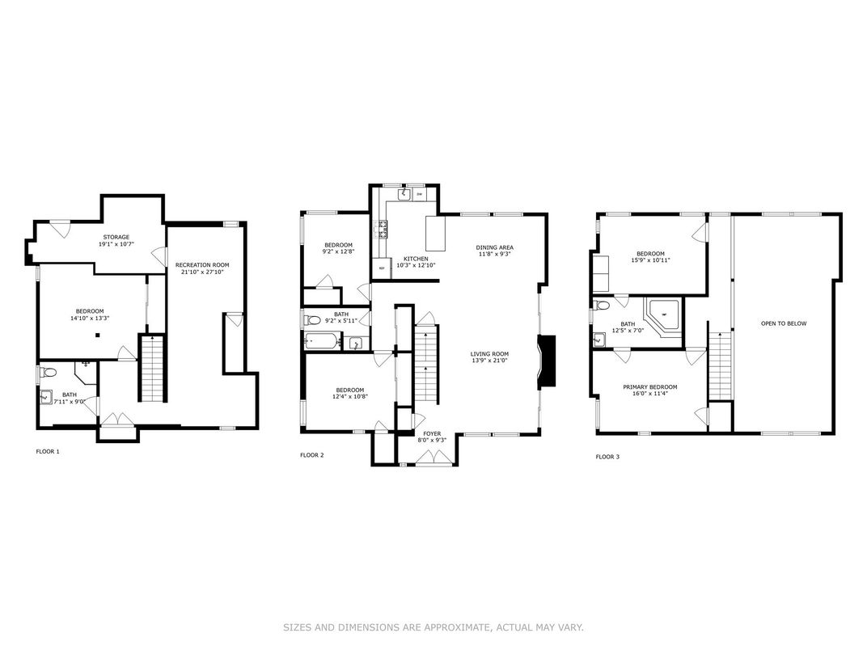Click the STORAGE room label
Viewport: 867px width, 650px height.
tap(115, 237)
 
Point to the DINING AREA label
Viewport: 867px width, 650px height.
tap(494, 247)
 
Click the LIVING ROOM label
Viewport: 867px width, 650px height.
tap(489, 353)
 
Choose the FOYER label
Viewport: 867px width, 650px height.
tap(431, 433)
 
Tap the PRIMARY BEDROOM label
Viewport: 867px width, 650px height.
tap(649, 387)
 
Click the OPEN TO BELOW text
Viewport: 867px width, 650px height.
tap(784, 323)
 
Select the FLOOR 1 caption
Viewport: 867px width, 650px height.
tap(48, 451)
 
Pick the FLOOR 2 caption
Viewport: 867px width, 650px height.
tap(311, 455)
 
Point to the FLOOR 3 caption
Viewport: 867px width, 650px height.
tap(607, 457)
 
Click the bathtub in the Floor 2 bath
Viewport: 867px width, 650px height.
tap(322, 342)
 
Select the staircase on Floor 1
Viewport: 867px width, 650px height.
tap(151, 368)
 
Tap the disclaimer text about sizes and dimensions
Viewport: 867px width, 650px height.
tap(433, 627)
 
